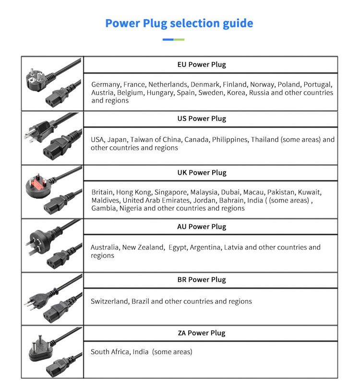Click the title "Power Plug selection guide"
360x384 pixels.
tap(179, 24)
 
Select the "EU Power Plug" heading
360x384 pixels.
tap(202, 65)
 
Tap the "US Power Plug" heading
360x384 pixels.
tap(202, 119)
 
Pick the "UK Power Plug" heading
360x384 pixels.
tap(202, 173)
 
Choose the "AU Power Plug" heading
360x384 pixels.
tap(202, 227)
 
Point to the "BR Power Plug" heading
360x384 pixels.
tap(202, 280)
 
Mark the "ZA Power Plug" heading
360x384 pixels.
tap(202, 333)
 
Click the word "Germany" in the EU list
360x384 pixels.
tap(106, 85)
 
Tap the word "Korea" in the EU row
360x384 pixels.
tap(236, 93)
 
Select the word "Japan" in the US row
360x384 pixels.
tap(117, 140)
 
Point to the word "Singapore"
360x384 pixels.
tap(171, 192)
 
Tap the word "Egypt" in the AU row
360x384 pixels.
tap(178, 248)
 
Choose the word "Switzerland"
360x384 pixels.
tap(109, 301)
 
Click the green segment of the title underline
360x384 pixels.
tap(179, 39)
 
